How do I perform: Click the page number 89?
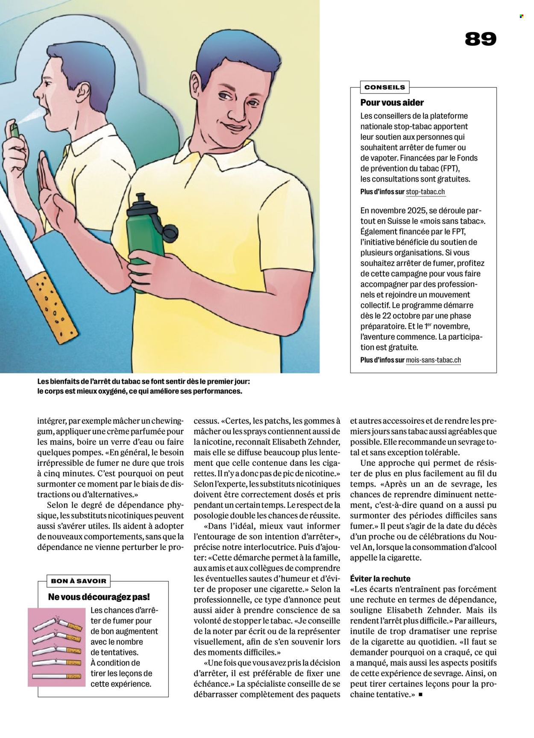(481, 39)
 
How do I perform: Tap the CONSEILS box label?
(384, 87)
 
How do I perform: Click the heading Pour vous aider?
(392, 103)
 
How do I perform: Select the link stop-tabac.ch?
(425, 192)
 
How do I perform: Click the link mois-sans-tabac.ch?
(433, 360)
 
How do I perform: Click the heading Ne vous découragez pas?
(99, 597)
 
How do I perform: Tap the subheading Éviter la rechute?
(380, 579)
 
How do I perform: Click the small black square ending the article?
(420, 695)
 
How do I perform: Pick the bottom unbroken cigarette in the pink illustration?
(56, 676)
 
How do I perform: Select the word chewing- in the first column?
(167, 421)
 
